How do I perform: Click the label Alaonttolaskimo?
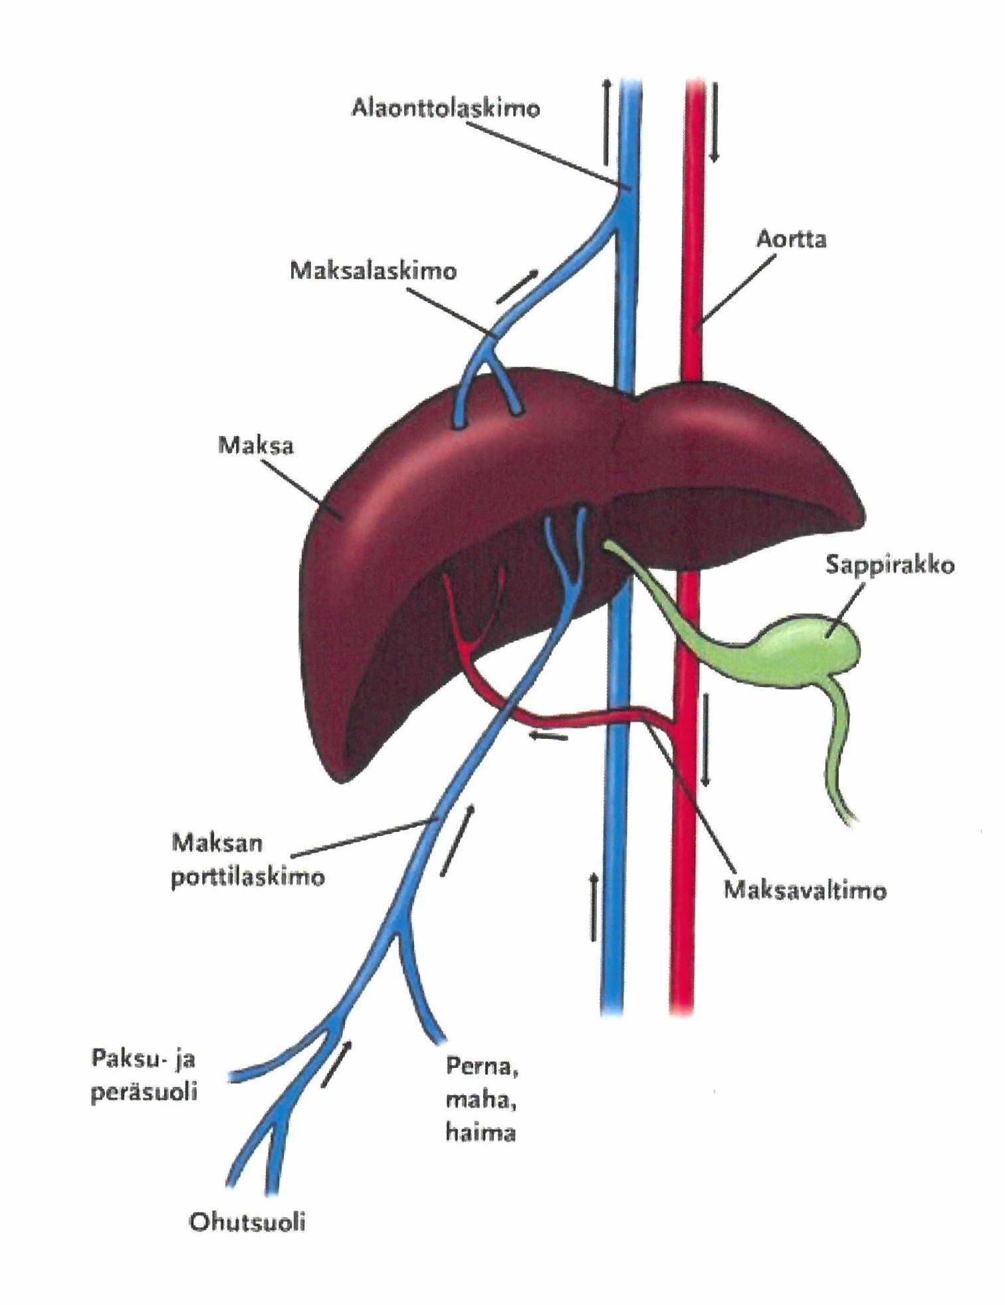pos(445,108)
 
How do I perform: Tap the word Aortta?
pos(791,239)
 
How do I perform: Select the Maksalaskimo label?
pos(373,271)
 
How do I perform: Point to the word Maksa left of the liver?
pos(255,445)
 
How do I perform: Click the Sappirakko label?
pos(889,565)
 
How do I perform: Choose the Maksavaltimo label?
pos(804,890)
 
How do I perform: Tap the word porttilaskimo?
pos(248,878)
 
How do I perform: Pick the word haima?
pos(480,1132)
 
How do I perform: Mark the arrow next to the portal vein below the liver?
pos(458,841)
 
